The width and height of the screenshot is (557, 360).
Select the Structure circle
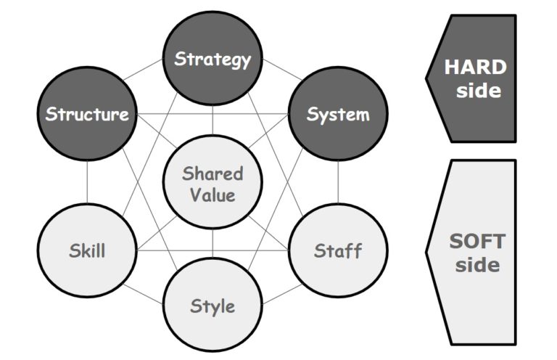(x=87, y=115)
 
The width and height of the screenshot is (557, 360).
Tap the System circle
(x=338, y=115)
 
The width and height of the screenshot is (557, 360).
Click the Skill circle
(x=87, y=251)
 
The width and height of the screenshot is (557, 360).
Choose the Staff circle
(x=338, y=251)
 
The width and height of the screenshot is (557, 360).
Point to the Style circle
(x=213, y=305)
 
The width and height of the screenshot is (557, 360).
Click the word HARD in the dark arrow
(x=475, y=67)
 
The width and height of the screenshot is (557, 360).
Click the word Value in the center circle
(x=213, y=195)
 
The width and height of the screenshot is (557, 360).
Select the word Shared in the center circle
(x=213, y=174)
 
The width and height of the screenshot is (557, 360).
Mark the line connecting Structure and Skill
(x=87, y=183)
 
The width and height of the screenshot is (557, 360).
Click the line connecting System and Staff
(x=338, y=183)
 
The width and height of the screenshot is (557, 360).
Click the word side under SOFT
(x=479, y=264)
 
